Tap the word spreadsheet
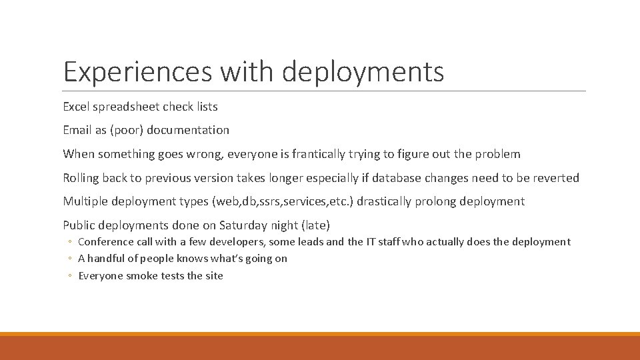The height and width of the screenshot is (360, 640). [124, 106]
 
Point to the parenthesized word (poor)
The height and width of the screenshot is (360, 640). [126, 131]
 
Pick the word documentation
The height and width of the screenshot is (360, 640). [188, 130]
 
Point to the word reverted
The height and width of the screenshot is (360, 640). [556, 178]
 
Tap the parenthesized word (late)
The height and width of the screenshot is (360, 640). [315, 225]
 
